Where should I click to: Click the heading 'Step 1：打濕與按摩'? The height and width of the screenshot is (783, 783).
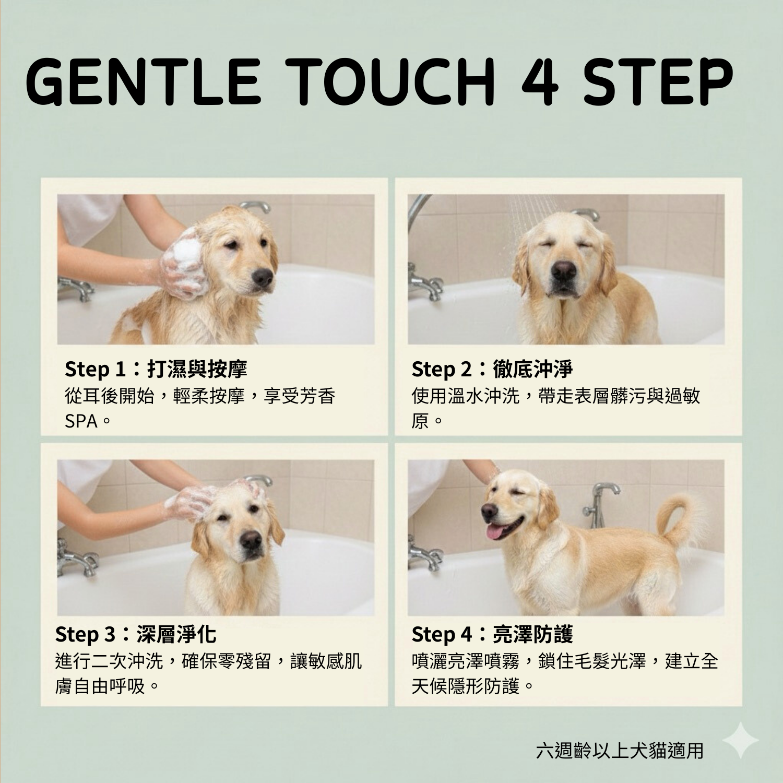point(156,369)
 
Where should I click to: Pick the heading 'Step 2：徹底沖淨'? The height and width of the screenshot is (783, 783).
point(492,369)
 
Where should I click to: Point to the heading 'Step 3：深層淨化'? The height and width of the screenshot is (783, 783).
point(135,634)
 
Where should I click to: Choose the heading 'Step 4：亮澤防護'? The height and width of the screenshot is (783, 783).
point(492,634)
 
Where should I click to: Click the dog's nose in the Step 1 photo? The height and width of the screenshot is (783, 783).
point(263,278)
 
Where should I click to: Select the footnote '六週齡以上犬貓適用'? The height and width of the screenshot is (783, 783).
point(620,750)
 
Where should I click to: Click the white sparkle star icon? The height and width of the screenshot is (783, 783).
point(740,740)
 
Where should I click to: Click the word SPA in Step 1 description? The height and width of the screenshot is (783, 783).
point(81,421)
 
